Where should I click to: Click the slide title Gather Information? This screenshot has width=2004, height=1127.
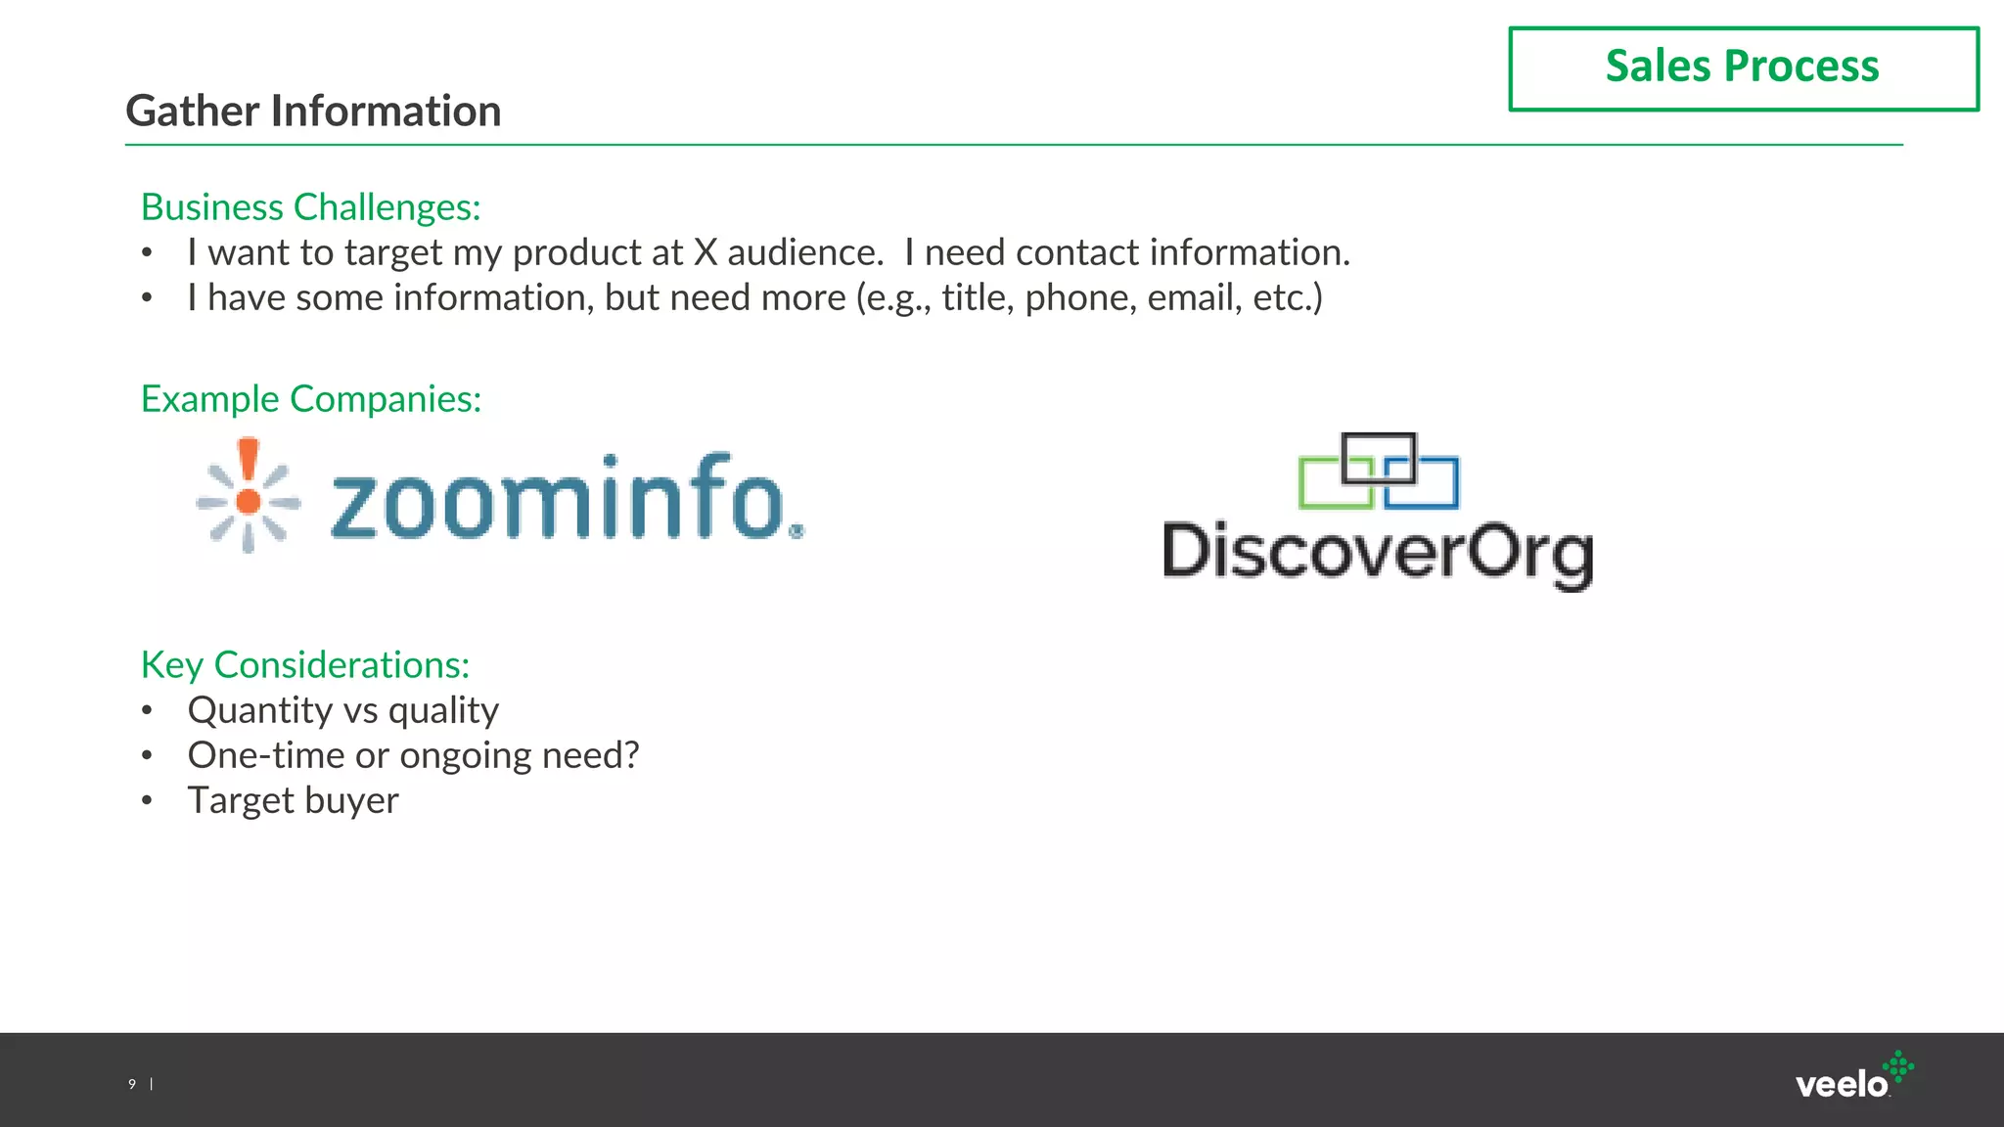click(x=313, y=111)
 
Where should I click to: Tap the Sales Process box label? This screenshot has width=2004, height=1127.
click(x=1742, y=67)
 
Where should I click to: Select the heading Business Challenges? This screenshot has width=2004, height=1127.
click(x=311, y=207)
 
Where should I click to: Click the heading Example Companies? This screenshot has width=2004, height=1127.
click(x=311, y=399)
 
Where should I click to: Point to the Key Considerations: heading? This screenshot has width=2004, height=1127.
click(x=305, y=665)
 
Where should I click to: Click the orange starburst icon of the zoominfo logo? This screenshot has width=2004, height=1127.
click(x=249, y=496)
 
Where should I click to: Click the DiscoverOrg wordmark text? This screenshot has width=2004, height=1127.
click(x=1378, y=553)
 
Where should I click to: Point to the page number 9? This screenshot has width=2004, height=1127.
click(x=132, y=1084)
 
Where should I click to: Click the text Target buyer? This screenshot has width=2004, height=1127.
click(x=294, y=800)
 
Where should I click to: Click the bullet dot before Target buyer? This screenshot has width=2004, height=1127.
click(x=147, y=801)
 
